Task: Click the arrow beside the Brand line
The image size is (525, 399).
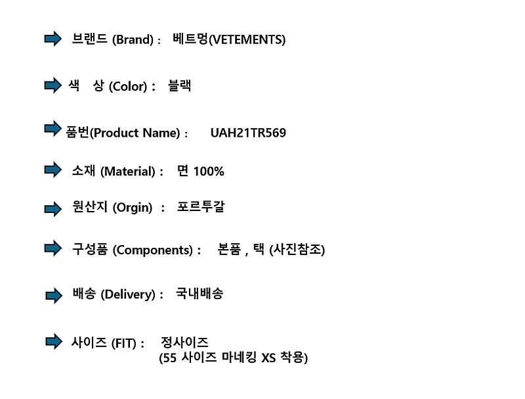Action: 53,39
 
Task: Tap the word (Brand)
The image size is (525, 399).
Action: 133,39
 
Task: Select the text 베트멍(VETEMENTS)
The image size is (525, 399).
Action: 229,39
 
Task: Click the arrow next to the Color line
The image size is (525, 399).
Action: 53,85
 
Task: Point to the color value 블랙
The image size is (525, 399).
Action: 179,85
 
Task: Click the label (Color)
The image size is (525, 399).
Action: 128,86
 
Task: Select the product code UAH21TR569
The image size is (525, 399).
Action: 248,133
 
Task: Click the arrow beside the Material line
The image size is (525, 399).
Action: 53,170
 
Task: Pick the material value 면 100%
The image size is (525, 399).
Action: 201,171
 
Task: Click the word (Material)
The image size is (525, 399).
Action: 128,172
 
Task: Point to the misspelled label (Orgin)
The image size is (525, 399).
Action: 133,207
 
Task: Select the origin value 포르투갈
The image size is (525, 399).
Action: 201,206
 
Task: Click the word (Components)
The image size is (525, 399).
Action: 153,250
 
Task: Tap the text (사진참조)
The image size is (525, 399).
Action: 297,250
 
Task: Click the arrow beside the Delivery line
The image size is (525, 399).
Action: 54,295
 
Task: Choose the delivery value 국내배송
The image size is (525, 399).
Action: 199,293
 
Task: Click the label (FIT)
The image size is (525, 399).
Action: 124,343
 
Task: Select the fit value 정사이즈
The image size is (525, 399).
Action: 184,342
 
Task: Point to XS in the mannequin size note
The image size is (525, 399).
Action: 268,358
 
